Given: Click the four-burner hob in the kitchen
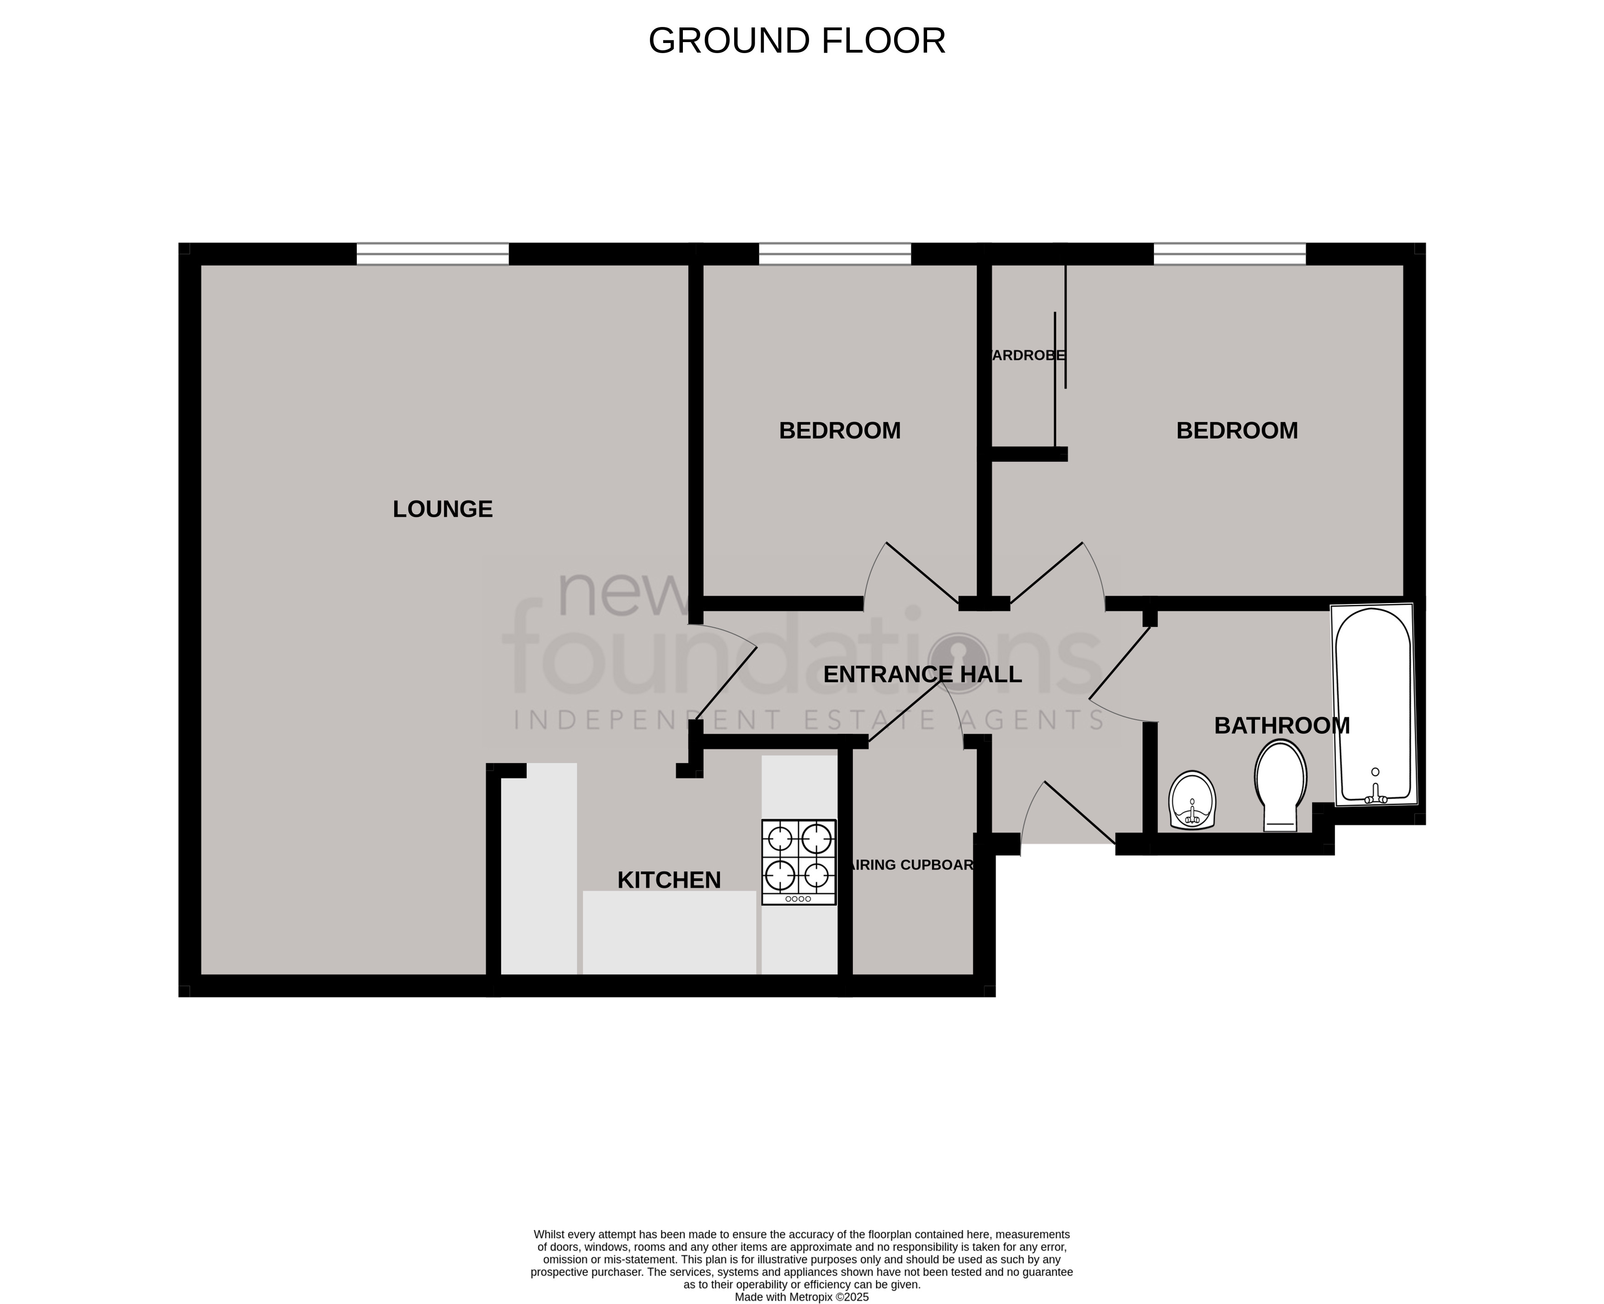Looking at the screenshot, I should click(798, 862).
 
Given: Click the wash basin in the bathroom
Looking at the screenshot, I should click(1192, 800).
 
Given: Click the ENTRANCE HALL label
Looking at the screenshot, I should click(922, 674).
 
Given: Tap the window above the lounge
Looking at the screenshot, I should click(433, 254).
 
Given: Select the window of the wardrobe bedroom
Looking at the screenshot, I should click(1229, 254).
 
